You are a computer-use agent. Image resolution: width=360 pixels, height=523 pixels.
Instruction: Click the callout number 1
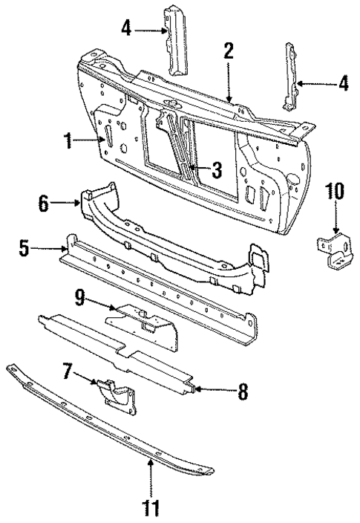tap(68, 141)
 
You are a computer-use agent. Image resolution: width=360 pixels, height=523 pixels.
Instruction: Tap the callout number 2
tap(229, 51)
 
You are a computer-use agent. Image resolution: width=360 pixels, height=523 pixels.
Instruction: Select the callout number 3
tap(216, 171)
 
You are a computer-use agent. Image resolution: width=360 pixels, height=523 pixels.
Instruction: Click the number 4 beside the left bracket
tap(127, 29)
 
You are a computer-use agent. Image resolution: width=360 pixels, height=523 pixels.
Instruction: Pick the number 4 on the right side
tap(343, 84)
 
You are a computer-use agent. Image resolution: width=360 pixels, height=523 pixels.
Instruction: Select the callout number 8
tap(242, 390)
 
